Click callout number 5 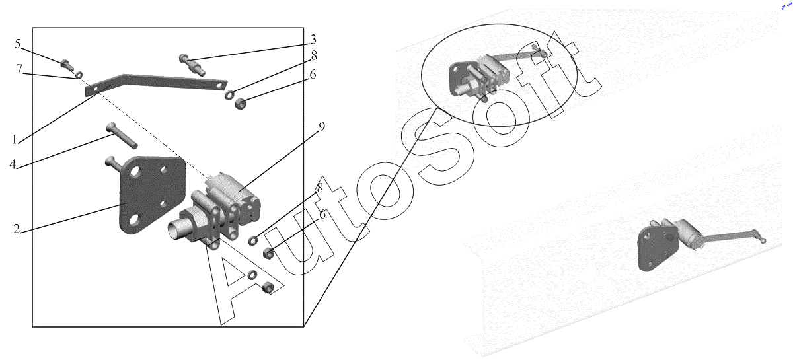tap(18, 44)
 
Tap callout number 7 tap(19, 69)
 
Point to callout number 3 tap(313, 40)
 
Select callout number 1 tap(15, 139)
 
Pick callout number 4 tap(13, 164)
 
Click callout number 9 tap(321, 126)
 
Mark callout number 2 tap(17, 229)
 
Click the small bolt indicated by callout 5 tap(67, 65)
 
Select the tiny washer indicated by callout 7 tap(79, 75)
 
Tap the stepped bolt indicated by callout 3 tap(192, 65)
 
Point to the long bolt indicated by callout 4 tap(122, 135)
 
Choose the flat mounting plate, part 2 tap(151, 195)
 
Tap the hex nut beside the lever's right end tap(241, 104)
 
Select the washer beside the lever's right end tap(229, 95)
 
